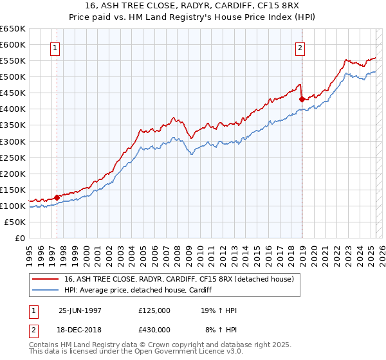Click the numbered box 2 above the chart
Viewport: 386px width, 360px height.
(x=300, y=47)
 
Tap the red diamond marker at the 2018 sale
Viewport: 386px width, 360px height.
(x=302, y=99)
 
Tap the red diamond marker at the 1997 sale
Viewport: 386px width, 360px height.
(x=57, y=197)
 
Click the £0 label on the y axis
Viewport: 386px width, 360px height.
(x=19, y=238)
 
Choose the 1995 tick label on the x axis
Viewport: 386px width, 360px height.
(x=30, y=251)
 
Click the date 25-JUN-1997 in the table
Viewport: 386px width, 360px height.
(x=79, y=310)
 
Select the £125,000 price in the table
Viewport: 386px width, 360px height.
(x=154, y=310)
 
